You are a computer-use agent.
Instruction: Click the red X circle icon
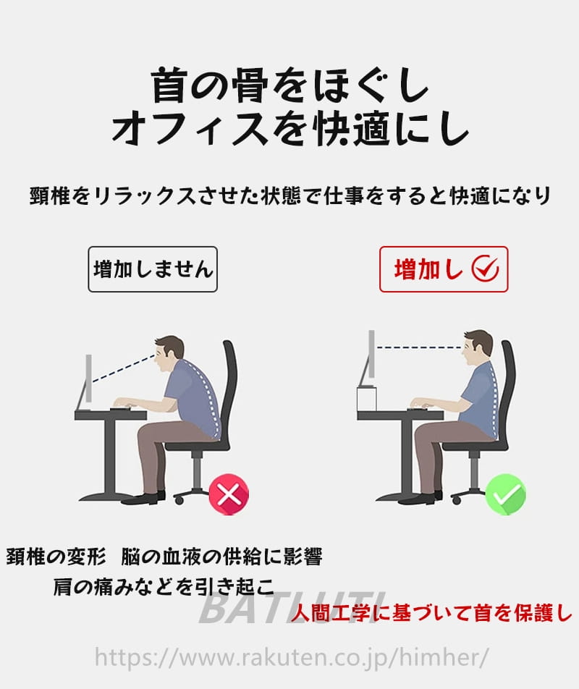[229, 494]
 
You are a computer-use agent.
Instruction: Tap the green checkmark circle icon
[506, 494]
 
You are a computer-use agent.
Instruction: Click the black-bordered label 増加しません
[153, 269]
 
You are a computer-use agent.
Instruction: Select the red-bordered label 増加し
[444, 269]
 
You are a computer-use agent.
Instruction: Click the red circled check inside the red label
[485, 269]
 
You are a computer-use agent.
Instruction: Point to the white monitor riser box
[367, 399]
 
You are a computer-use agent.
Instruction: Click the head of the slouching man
[168, 352]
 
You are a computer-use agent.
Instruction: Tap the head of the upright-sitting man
[478, 346]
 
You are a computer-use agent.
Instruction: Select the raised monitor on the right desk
[368, 358]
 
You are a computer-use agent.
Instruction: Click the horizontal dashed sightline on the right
[419, 347]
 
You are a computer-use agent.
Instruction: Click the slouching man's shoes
[144, 497]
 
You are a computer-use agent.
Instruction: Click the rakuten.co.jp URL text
[291, 657]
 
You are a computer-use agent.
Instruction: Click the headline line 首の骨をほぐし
[290, 85]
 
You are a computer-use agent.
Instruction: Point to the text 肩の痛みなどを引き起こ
[164, 586]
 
